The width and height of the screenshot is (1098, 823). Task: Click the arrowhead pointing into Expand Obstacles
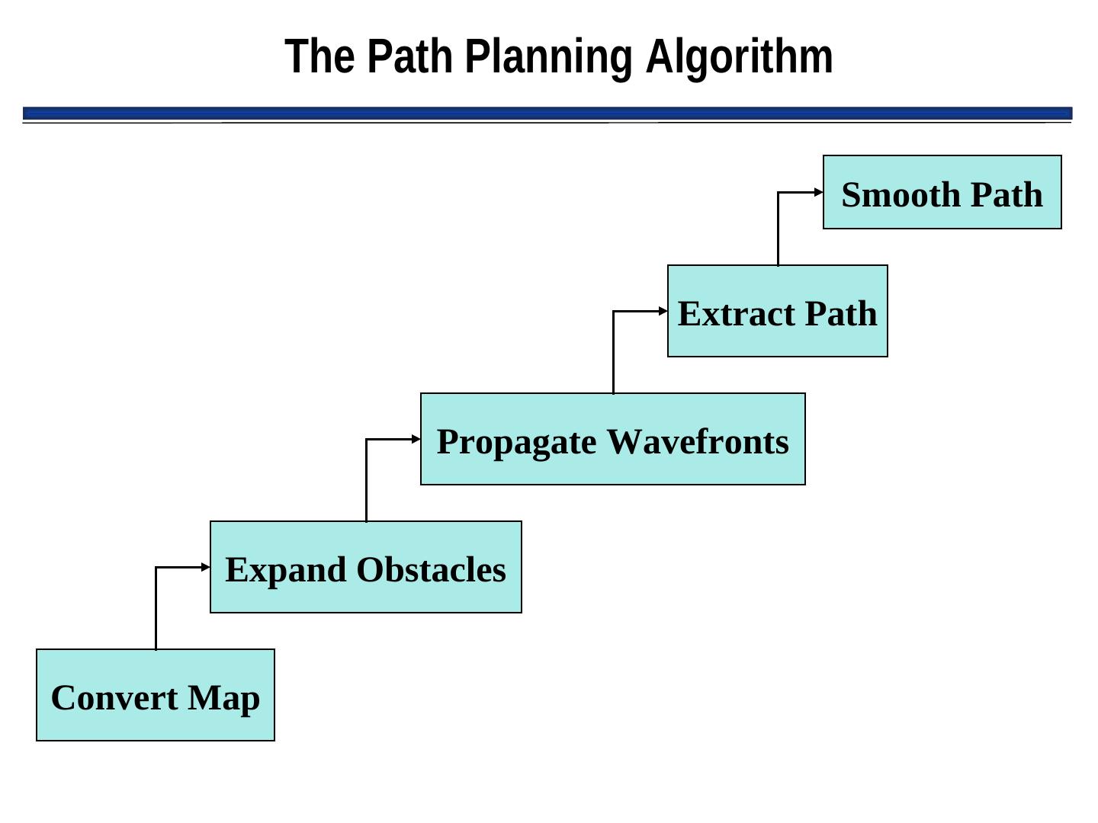[x=206, y=567]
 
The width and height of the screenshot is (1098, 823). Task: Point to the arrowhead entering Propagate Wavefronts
[x=416, y=439]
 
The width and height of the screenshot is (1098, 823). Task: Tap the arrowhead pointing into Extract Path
[x=663, y=311]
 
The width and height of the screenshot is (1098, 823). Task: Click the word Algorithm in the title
[x=739, y=57]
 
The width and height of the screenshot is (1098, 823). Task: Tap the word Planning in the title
[x=548, y=57]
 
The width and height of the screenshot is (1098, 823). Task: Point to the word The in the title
[x=319, y=57]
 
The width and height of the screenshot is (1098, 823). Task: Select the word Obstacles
[x=431, y=570]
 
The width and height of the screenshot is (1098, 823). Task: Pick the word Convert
[x=114, y=698]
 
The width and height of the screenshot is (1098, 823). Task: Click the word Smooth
[x=890, y=195]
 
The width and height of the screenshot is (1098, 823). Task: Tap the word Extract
[x=736, y=314]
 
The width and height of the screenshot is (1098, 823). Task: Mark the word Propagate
[x=516, y=442]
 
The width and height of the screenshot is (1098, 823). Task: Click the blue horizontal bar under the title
[x=547, y=114]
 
